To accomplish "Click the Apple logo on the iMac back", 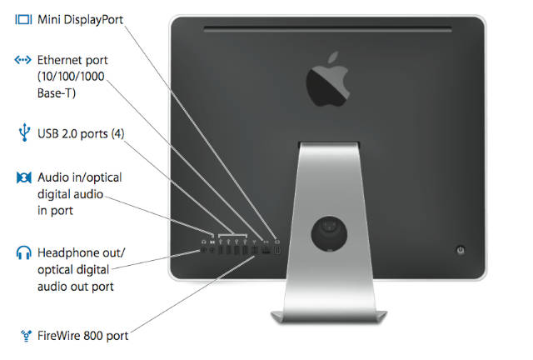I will pyautogui.click(x=331, y=78).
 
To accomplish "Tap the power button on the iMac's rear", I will pyautogui.click(x=461, y=250).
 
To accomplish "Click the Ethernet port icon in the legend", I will pyautogui.click(x=23, y=60).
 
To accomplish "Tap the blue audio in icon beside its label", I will pyautogui.click(x=23, y=178).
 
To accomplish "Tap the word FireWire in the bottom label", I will pyautogui.click(x=60, y=336).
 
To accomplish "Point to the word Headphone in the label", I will pyautogui.click(x=67, y=252).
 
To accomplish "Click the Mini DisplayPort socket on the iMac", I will pyautogui.click(x=276, y=248).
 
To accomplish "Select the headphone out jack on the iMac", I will pyautogui.click(x=204, y=248).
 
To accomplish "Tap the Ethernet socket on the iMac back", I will pyautogui.click(x=266, y=248).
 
